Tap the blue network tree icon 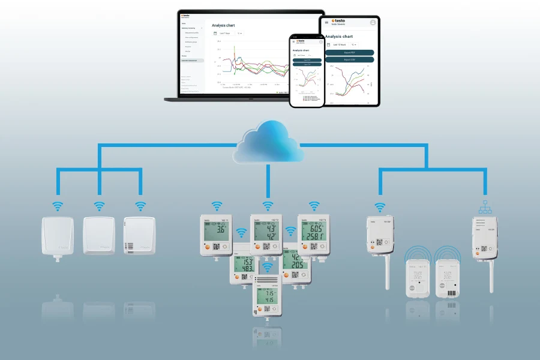pos(485,207)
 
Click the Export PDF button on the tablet pos(350,52)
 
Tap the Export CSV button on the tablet pos(350,59)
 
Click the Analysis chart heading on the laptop pos(223,26)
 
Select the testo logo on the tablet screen pos(340,21)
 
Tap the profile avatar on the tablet pos(373,22)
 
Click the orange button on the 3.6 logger pos(207,246)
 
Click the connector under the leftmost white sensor pos(57,259)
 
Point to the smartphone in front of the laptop pos(307,70)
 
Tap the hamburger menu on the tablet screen pos(327,22)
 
